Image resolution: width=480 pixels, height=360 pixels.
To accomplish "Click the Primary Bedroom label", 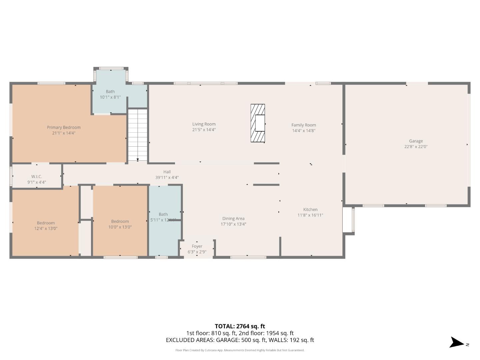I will pyautogui.click(x=64, y=127).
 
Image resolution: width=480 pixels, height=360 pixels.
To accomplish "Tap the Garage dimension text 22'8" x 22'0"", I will pyautogui.click(x=416, y=147).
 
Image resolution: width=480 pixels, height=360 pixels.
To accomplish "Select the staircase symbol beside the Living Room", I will pyautogui.click(x=138, y=135).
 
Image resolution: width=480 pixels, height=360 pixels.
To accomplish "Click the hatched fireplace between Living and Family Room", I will pyautogui.click(x=258, y=123).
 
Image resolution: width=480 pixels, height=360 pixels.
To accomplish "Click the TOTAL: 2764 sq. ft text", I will pyautogui.click(x=240, y=326).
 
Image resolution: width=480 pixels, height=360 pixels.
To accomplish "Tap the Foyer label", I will pyautogui.click(x=197, y=246).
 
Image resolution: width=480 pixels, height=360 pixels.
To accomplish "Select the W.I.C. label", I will pyautogui.click(x=37, y=177).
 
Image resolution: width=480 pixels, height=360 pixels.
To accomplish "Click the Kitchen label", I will pyautogui.click(x=310, y=210).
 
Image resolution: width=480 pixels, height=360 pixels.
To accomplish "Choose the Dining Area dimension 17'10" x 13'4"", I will pyautogui.click(x=233, y=224).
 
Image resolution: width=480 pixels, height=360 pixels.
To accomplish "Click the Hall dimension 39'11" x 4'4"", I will pyautogui.click(x=167, y=178).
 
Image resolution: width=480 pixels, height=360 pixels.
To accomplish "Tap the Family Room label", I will pyautogui.click(x=304, y=125).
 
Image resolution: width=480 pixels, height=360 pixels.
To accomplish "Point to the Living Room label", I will pyautogui.click(x=204, y=124).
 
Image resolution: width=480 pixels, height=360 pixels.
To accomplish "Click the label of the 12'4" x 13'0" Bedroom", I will pyautogui.click(x=46, y=223).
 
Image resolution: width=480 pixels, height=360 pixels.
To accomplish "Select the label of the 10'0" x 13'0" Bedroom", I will pyautogui.click(x=120, y=221).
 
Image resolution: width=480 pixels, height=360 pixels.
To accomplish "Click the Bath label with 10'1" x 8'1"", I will pyautogui.click(x=110, y=92).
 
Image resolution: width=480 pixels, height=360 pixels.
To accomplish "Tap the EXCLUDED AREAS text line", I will pyautogui.click(x=240, y=340).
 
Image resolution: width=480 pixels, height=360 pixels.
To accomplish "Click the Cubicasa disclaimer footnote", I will pyautogui.click(x=240, y=350).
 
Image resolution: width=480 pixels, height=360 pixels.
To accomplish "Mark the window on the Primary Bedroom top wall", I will pyautogui.click(x=51, y=83).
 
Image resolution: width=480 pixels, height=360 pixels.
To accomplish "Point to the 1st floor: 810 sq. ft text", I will pyautogui.click(x=211, y=333).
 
